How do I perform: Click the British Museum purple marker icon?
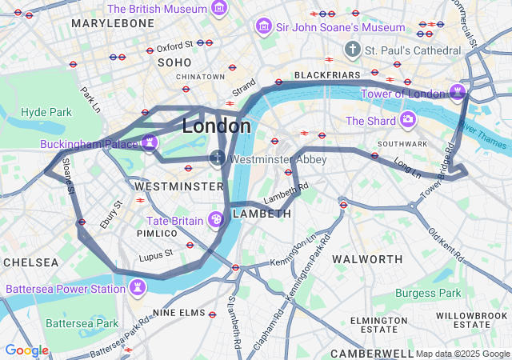pos(219,9)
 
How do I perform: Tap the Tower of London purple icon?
pos(458,93)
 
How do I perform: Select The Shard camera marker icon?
pos(409,120)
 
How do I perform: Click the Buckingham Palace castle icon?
pos(150,144)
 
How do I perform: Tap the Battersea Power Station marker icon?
pos(140,288)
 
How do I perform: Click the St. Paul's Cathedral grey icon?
pos(352,50)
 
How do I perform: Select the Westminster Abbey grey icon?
pos(218,158)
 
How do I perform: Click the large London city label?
pos(216,126)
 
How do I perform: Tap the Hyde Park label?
pos(46,112)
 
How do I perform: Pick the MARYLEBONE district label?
pos(113,24)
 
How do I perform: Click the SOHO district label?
pos(174,62)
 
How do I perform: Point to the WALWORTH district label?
pos(367,259)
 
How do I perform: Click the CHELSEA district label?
pos(30,262)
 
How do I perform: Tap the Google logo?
pos(26,350)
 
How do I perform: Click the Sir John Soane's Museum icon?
pos(263,27)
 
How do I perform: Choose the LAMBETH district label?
pos(262,214)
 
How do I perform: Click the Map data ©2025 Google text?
pos(462,354)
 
